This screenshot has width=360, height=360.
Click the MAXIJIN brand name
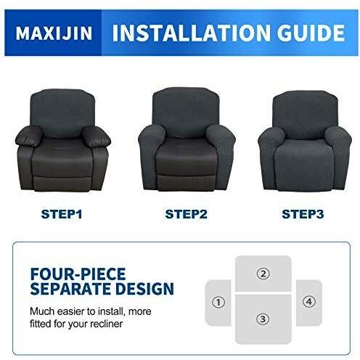[54, 33]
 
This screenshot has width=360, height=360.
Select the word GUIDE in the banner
[311, 33]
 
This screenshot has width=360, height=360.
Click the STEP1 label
[62, 214]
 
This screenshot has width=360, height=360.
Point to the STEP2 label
[186, 214]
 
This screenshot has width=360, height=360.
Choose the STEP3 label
[303, 214]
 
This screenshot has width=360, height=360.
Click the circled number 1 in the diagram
[218, 302]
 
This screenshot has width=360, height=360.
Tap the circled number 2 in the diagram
[263, 274]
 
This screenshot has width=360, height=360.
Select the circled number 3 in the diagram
[263, 319]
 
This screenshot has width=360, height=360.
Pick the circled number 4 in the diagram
[309, 302]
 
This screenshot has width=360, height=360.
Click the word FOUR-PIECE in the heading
[78, 274]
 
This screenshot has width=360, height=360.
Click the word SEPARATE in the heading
[71, 288]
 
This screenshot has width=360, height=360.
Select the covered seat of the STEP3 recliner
[305, 165]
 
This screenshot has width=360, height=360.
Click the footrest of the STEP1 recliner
[62, 184]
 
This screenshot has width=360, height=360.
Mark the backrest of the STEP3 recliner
[305, 114]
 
